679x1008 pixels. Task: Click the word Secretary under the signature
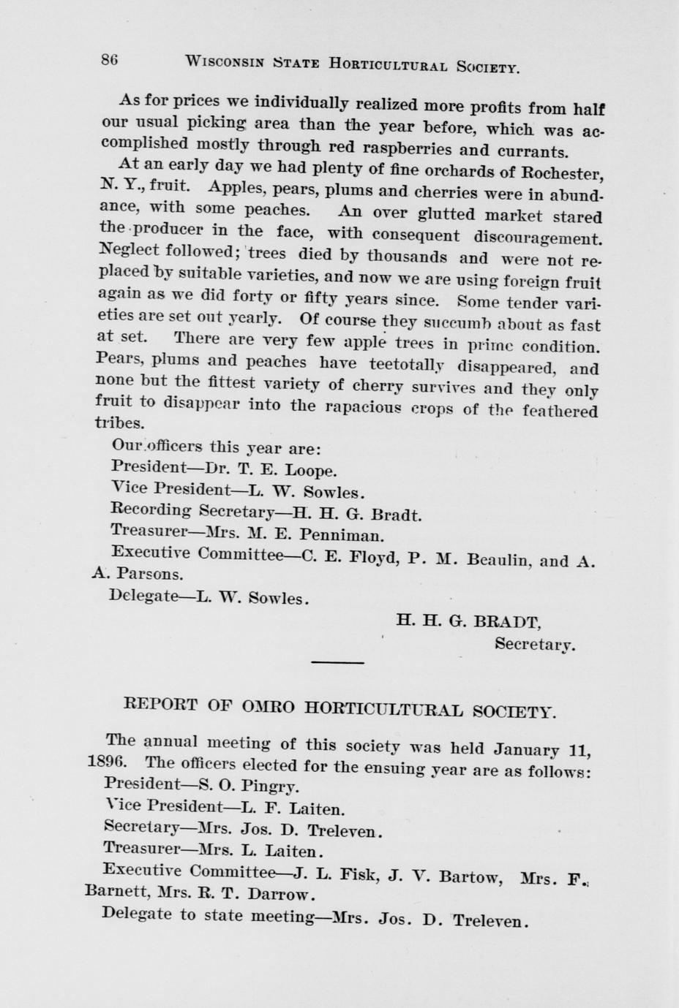534,645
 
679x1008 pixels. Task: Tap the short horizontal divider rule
337,662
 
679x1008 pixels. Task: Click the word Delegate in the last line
138,914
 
